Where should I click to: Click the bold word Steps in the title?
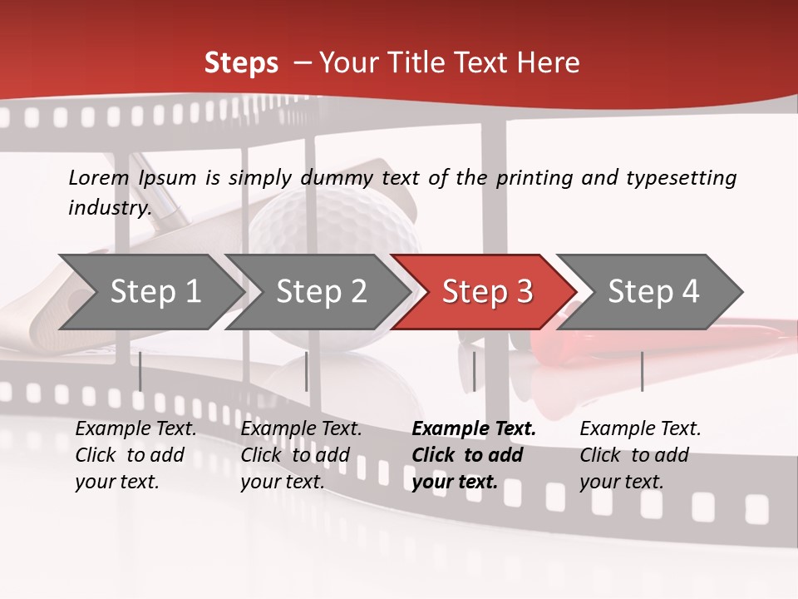click(x=241, y=63)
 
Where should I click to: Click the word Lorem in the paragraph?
click(x=99, y=177)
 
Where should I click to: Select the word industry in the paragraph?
click(x=109, y=208)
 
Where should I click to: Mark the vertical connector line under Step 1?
click(x=140, y=371)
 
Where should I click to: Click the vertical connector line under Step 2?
click(x=307, y=371)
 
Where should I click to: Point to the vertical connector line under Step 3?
click(x=474, y=371)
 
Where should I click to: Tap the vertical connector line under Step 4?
click(x=642, y=371)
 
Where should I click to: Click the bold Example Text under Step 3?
click(x=474, y=429)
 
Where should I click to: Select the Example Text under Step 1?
click(x=135, y=429)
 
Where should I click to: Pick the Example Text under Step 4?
click(x=640, y=429)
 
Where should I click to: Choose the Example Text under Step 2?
click(x=301, y=429)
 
